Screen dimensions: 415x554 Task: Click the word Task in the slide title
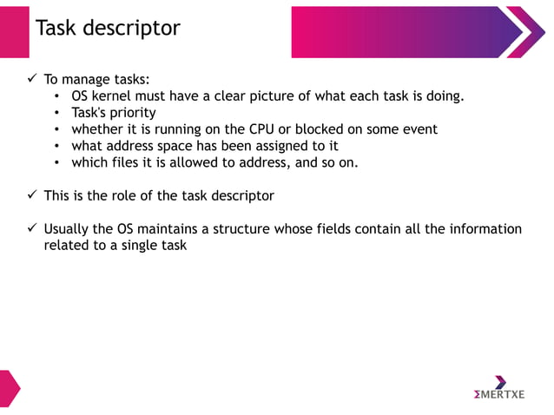click(x=56, y=28)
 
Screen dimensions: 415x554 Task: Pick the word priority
click(x=133, y=113)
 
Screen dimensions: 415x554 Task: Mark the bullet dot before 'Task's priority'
click(x=56, y=113)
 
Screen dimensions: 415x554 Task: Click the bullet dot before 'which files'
click(x=56, y=162)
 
